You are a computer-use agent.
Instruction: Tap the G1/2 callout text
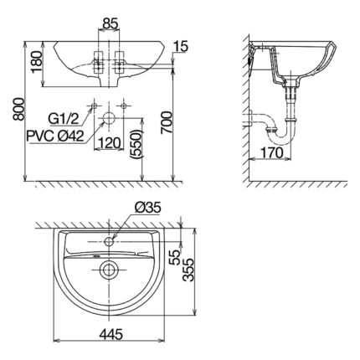tap(64, 118)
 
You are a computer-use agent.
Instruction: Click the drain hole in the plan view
tap(109, 270)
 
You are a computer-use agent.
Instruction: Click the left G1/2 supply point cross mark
tap(96, 106)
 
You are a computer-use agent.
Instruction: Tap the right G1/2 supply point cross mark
tap(125, 106)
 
